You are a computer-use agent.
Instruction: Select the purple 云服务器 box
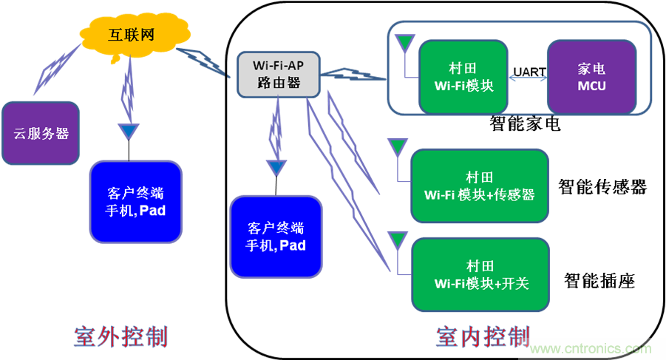40,133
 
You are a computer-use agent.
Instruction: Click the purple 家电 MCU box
591,77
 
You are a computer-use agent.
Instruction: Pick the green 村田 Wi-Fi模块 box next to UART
463,77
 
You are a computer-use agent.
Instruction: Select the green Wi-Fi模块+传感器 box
479,186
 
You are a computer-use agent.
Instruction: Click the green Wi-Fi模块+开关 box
479,274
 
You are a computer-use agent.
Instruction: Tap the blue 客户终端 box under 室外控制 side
135,202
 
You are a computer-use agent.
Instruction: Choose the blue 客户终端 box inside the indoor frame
276,236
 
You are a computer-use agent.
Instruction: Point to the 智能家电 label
525,123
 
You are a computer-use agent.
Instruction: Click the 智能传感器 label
602,187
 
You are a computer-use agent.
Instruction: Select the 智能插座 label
599,281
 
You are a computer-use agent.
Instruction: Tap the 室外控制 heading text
120,337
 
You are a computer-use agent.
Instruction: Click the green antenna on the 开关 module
397,237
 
